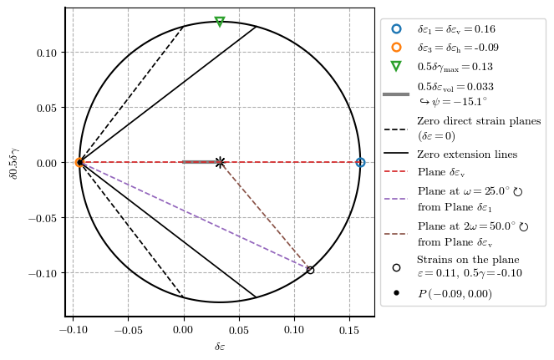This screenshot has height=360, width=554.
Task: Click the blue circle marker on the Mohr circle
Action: (x=360, y=162)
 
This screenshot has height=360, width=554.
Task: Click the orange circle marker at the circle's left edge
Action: (x=79, y=162)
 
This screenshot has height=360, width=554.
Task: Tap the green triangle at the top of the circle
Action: (x=220, y=22)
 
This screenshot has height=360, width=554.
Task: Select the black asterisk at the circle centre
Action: (x=220, y=162)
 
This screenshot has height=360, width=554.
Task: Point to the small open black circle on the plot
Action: (x=310, y=270)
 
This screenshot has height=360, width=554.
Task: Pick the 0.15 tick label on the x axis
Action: (x=349, y=331)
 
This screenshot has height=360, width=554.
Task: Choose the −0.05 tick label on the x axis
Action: (x=128, y=331)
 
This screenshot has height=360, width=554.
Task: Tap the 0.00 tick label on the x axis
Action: (x=183, y=331)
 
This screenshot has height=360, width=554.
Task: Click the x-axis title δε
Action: (x=220, y=347)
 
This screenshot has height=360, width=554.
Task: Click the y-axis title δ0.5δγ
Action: (x=12, y=162)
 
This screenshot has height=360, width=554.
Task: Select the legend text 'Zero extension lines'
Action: (x=467, y=154)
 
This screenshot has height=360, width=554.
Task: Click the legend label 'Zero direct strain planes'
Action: (x=479, y=121)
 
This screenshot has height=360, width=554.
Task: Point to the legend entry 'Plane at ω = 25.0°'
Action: (x=470, y=191)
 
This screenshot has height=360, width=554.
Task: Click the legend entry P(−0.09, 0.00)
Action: (x=455, y=293)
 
